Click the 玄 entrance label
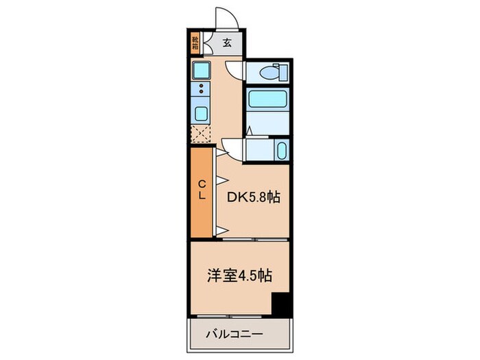pyautogui.click(x=227, y=43)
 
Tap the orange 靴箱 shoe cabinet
pyautogui.click(x=195, y=43)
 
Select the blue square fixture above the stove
pyautogui.click(x=202, y=70)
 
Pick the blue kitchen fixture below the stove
pyautogui.click(x=202, y=114)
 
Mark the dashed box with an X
pyautogui.click(x=202, y=134)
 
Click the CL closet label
pyautogui.click(x=202, y=189)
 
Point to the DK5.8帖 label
pyautogui.click(x=254, y=197)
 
